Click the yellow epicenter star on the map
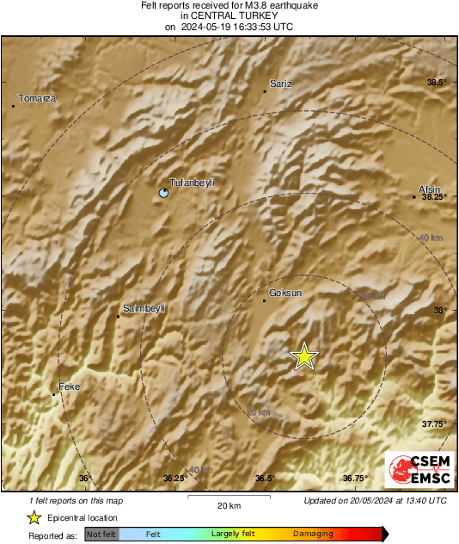click(x=303, y=356)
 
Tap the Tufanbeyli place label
click(x=191, y=182)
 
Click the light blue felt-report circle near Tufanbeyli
click(x=164, y=194)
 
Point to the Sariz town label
click(x=281, y=83)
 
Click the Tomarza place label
click(x=37, y=98)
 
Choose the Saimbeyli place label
click(x=144, y=308)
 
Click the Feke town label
click(x=69, y=387)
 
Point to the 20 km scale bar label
click(x=228, y=505)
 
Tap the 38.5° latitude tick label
click(x=438, y=83)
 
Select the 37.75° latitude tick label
click(x=435, y=423)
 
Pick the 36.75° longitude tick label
click(x=355, y=479)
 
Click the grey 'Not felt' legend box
click(x=101, y=534)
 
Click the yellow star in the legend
click(x=34, y=517)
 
